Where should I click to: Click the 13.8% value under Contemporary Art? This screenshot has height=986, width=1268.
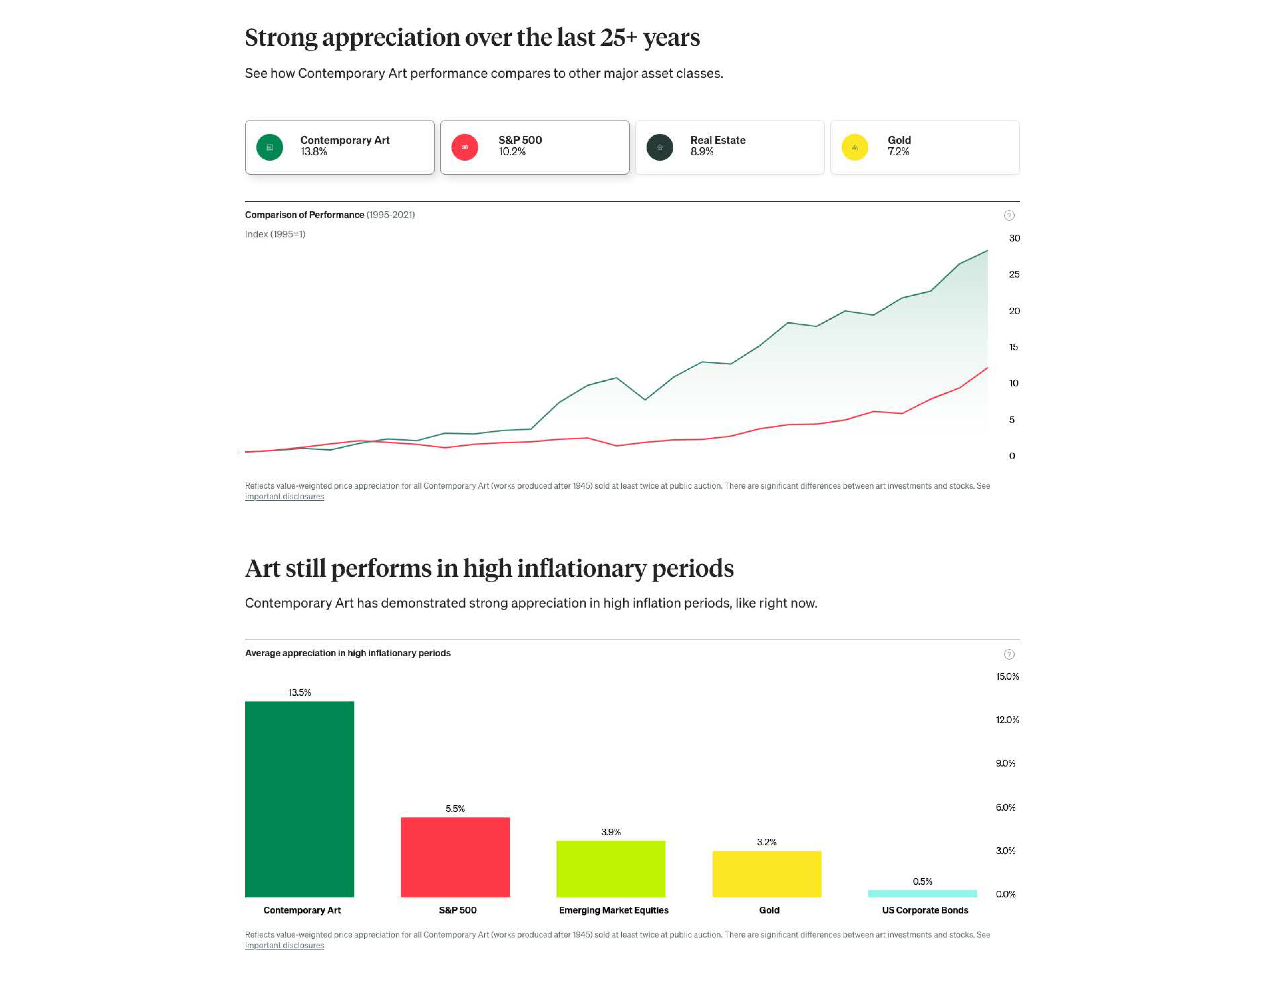point(314,152)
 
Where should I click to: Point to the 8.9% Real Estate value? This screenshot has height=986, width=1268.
point(702,152)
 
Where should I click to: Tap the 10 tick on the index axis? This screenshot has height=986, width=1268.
point(1014,383)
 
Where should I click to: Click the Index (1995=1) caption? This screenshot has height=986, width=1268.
point(275,234)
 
